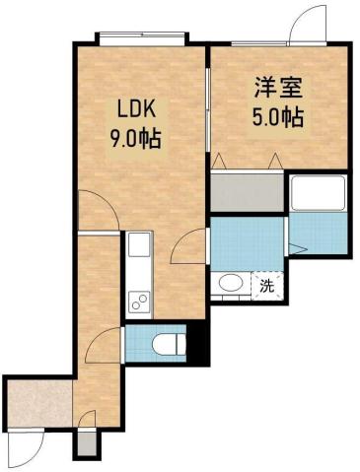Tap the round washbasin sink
pyautogui.click(x=231, y=284)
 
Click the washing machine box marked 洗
pyautogui.click(x=266, y=285)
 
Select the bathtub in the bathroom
pyautogui.click(x=318, y=194)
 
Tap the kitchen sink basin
pyautogui.click(x=138, y=244)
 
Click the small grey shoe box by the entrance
pyautogui.click(x=87, y=444)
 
